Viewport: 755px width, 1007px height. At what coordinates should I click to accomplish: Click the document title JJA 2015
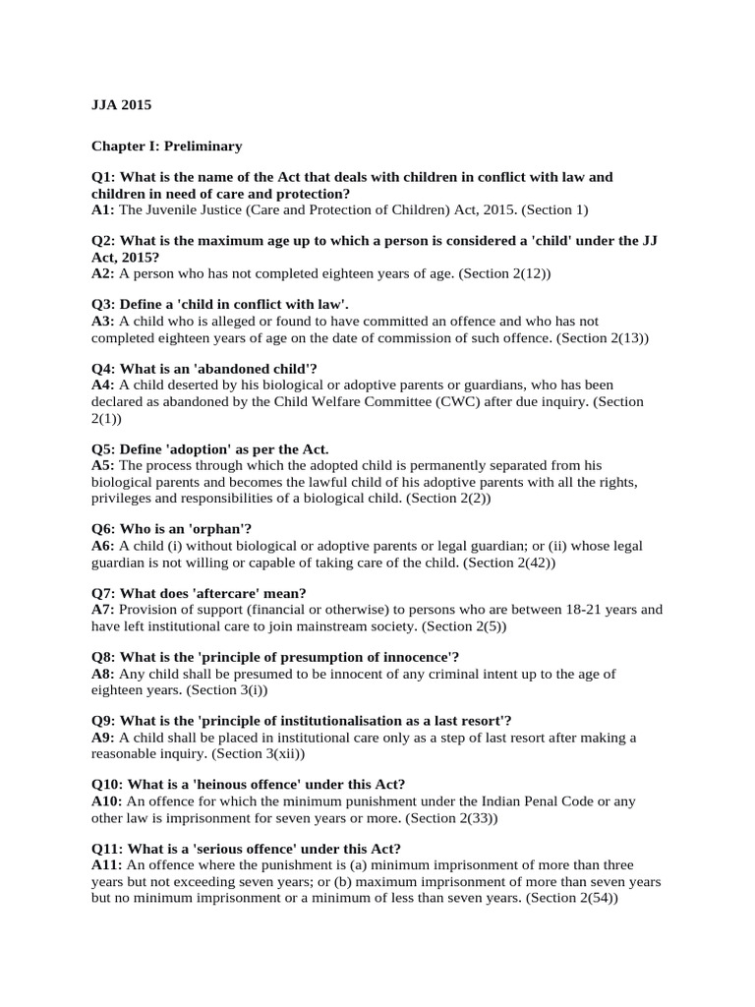pos(122,104)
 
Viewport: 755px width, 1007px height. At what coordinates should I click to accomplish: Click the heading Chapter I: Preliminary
pos(166,146)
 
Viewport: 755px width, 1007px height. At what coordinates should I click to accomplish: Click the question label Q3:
pos(105,305)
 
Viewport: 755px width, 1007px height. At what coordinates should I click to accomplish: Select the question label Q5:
pos(105,449)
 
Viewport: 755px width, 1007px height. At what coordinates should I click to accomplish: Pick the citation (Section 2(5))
pos(460,625)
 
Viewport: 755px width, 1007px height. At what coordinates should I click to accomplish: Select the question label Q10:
pos(108,784)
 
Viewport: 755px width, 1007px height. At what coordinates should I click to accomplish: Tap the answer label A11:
pos(107,865)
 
